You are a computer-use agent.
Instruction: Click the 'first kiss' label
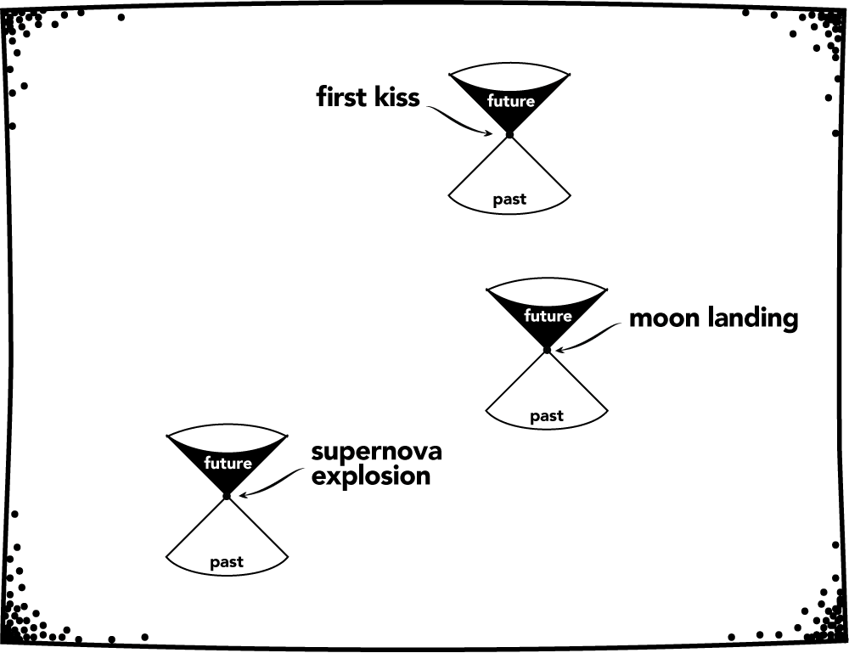(368, 98)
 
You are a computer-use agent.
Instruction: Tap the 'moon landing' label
(713, 318)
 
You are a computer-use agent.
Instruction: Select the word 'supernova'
(376, 451)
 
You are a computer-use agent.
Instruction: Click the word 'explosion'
(370, 476)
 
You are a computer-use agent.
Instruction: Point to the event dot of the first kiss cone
(509, 134)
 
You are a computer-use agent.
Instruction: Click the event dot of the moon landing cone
(547, 350)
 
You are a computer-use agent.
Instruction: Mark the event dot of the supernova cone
(227, 496)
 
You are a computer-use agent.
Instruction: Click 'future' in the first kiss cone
(510, 101)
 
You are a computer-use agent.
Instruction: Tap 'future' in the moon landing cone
(548, 316)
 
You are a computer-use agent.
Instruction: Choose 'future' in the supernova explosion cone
(228, 464)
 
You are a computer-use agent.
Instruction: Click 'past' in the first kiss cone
(509, 200)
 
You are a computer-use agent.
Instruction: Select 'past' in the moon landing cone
(547, 416)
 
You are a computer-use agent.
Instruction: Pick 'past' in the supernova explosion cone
(227, 562)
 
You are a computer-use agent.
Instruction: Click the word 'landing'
(751, 318)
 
